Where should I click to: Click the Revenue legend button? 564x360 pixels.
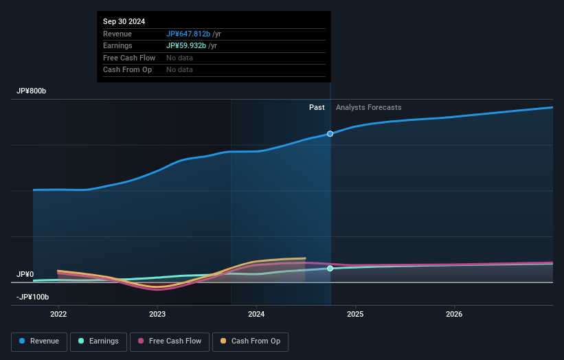39,341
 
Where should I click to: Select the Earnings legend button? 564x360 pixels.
98,341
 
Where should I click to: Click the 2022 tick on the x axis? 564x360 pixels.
58,315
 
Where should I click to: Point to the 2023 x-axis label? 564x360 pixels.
157,315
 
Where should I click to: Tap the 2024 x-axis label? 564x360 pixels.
256,315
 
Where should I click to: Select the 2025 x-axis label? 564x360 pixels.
355,315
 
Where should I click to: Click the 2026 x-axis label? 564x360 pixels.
454,315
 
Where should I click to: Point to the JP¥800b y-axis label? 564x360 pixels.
32,91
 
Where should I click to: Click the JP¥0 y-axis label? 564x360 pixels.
25,274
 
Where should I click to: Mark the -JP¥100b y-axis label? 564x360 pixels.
33,297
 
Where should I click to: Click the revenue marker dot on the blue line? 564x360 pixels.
330,133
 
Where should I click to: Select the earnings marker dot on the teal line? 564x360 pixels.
330,269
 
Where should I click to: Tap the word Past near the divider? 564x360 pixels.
317,107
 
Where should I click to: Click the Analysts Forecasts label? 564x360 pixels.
368,107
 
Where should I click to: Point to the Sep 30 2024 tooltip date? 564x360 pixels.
124,22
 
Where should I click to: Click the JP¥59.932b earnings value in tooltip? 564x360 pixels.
186,46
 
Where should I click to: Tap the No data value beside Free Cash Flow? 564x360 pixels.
179,58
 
